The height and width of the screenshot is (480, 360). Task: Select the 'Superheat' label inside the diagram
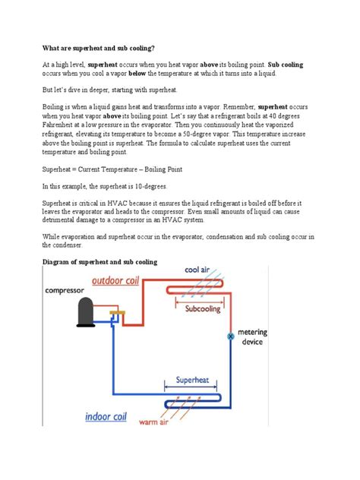pos(192,379)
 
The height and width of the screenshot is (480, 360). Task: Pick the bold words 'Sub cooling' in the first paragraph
pos(286,65)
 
